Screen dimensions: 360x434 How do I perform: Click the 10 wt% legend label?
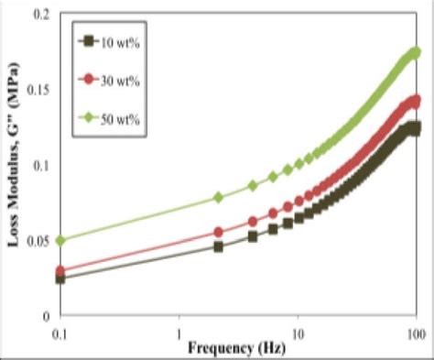click(x=119, y=41)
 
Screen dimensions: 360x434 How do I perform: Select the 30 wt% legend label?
click(x=119, y=79)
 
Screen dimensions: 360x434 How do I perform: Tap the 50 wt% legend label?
click(x=119, y=117)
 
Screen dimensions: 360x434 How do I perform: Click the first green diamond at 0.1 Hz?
click(x=61, y=240)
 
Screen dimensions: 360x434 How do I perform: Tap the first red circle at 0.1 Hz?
click(x=61, y=271)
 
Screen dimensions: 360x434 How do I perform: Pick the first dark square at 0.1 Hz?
click(x=61, y=278)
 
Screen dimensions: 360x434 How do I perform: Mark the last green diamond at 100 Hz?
click(x=416, y=52)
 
